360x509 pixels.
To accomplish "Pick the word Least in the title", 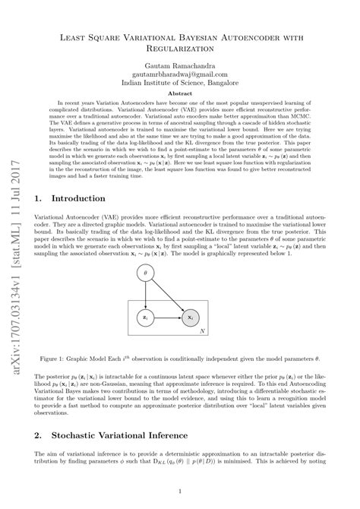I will pos(77,35).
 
